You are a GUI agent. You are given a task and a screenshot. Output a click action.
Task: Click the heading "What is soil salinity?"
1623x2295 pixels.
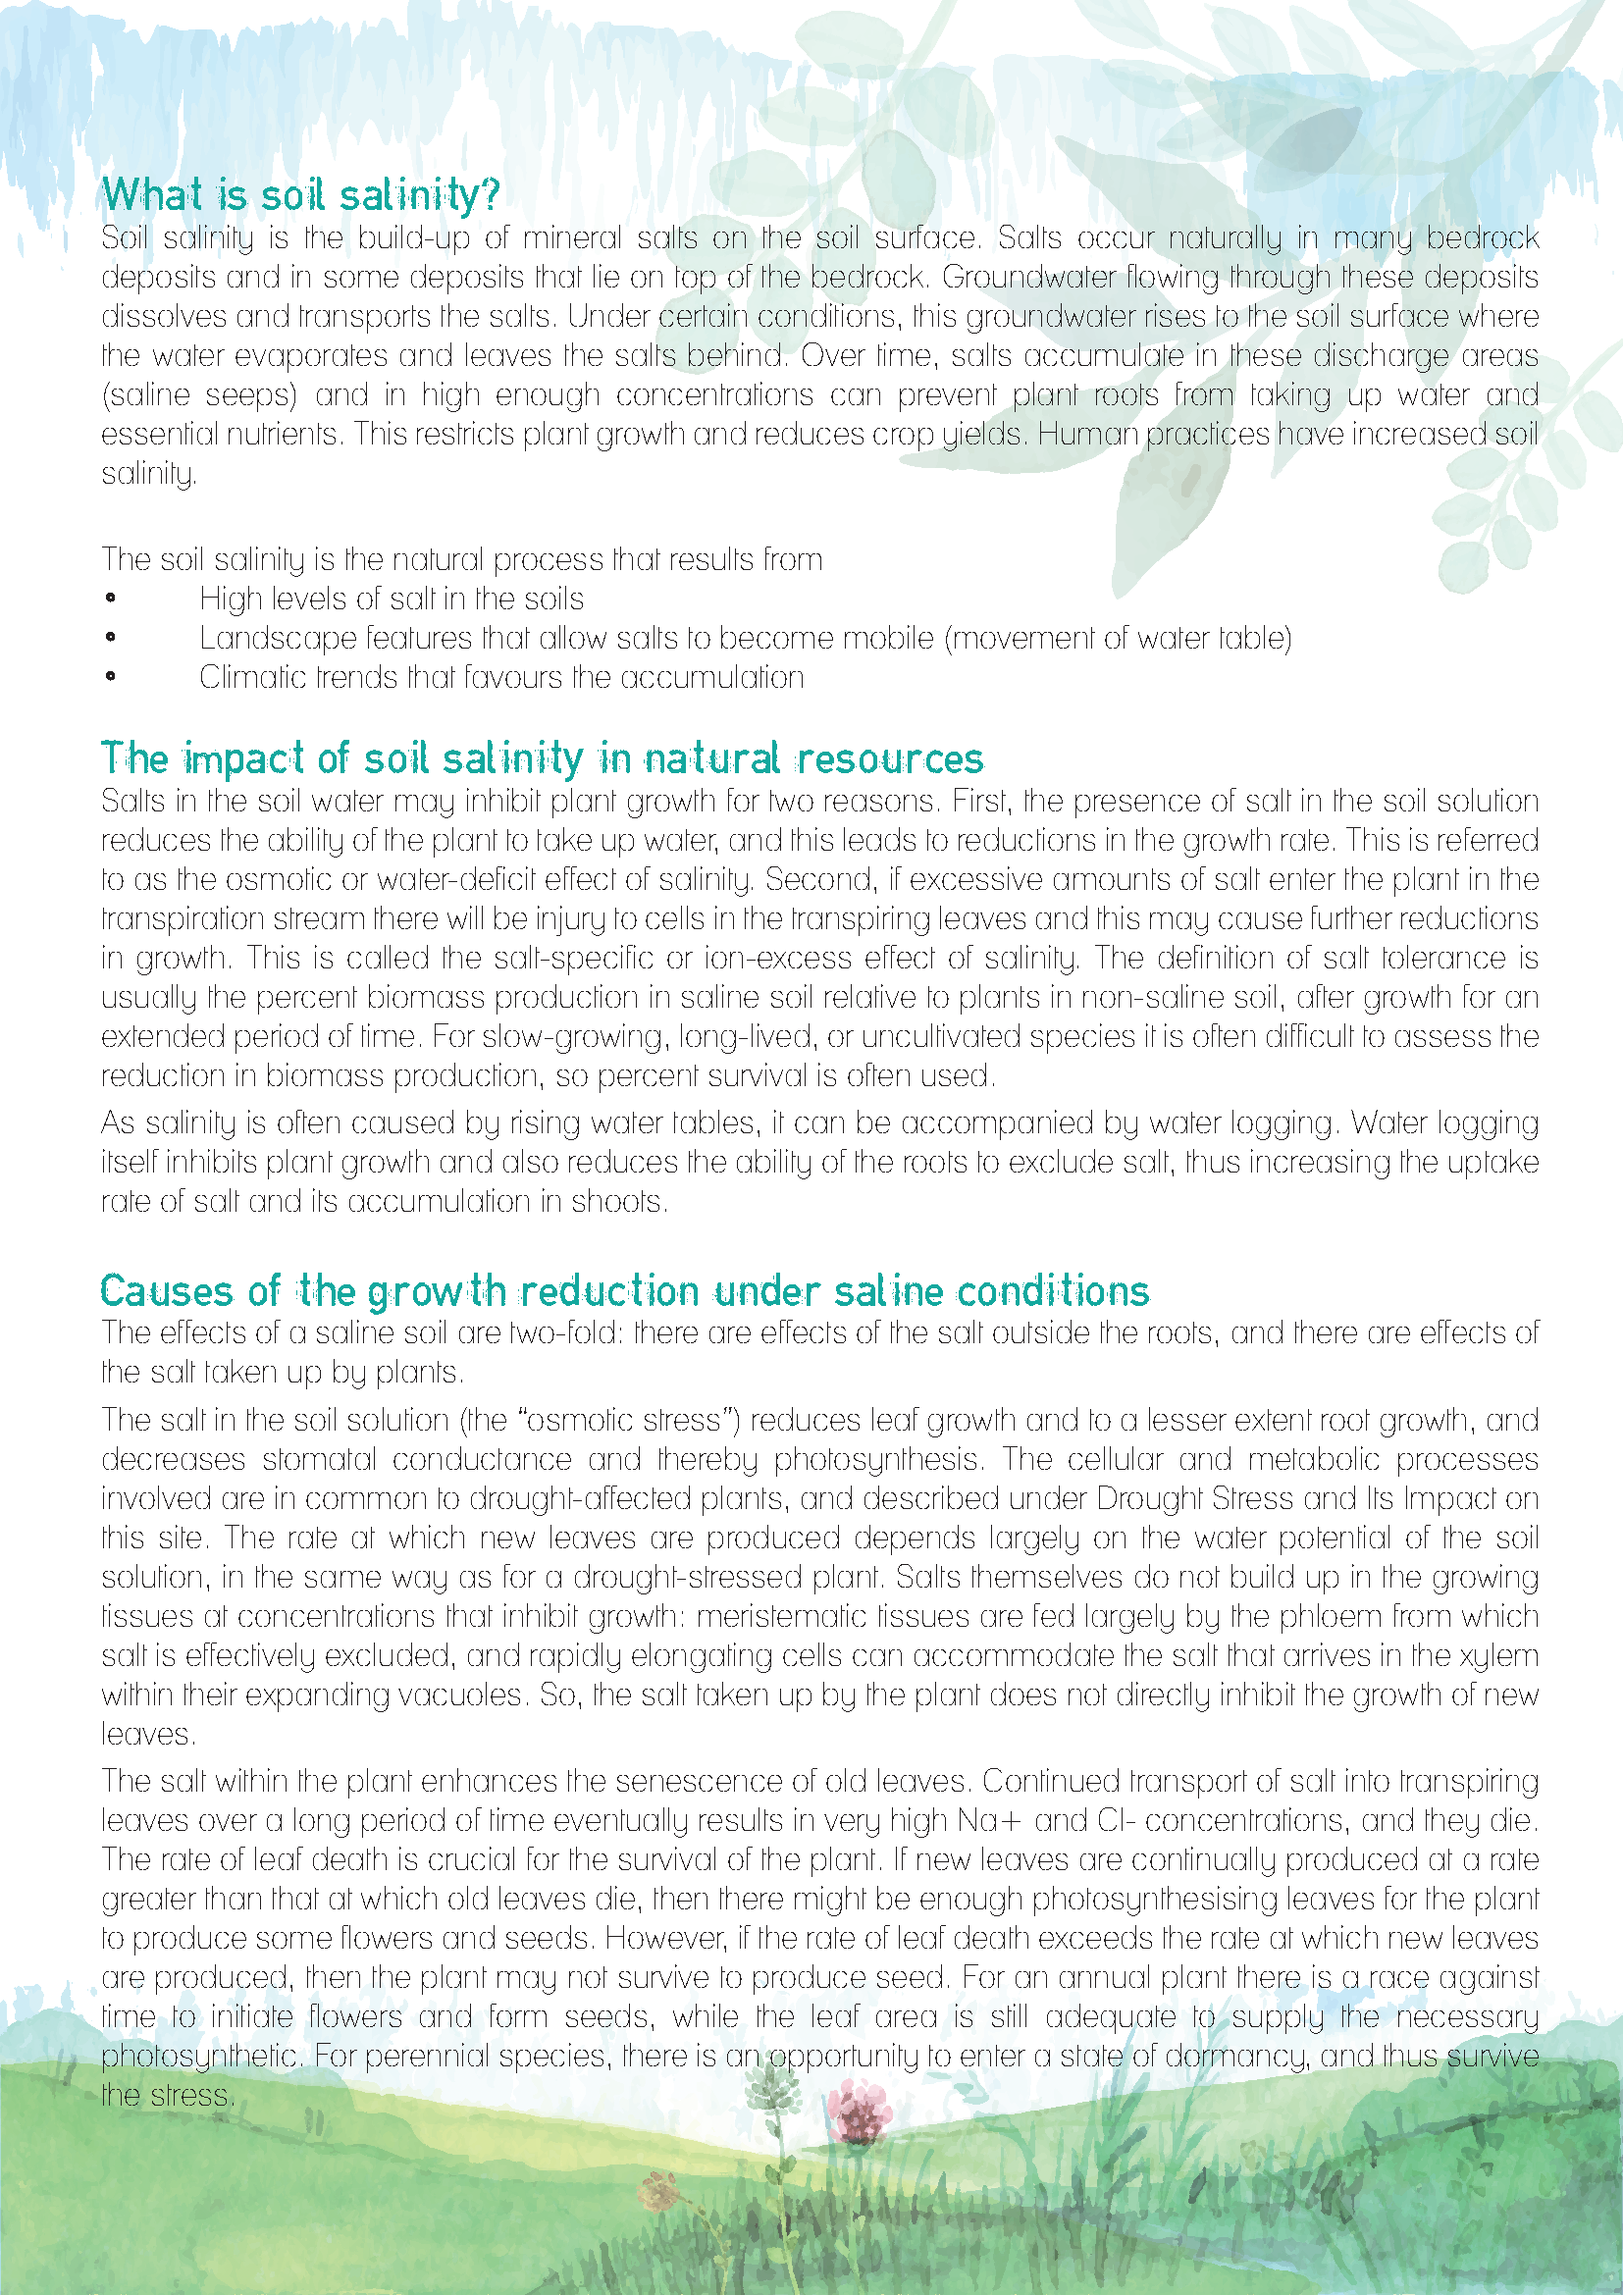tap(300, 195)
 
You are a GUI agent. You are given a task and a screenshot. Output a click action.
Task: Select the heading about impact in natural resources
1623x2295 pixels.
tap(542, 758)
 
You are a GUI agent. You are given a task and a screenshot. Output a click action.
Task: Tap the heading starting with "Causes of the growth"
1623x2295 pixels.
tap(625, 1290)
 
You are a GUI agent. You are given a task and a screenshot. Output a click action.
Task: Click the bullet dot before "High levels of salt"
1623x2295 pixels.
tap(110, 599)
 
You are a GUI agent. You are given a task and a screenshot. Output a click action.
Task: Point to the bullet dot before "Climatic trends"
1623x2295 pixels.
tap(110, 678)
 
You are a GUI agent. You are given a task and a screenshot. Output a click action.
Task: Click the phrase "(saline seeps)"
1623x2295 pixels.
tap(199, 394)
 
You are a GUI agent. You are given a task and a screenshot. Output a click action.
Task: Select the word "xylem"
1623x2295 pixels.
tap(1499, 1656)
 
